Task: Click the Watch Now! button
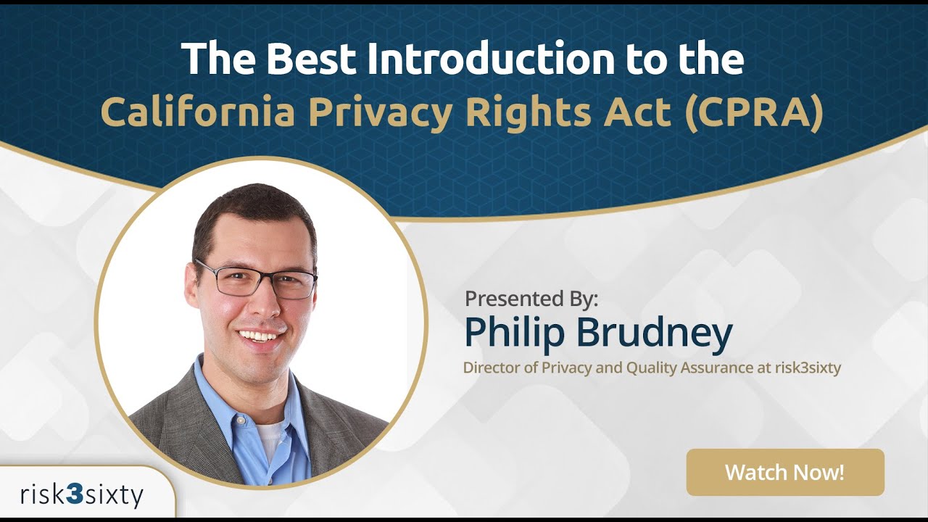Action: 784,473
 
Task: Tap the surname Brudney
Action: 655,333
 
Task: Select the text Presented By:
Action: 531,298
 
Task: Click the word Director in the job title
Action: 491,368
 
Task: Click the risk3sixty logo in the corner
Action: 82,495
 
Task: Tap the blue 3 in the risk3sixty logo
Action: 74,495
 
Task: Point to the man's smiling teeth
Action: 259,336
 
